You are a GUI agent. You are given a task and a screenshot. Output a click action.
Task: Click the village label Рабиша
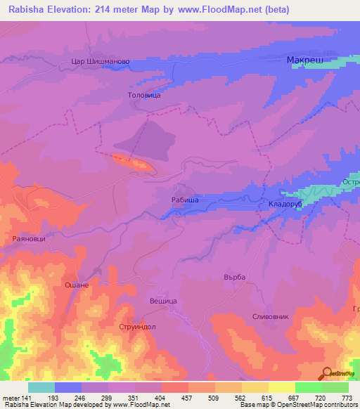tap(184, 200)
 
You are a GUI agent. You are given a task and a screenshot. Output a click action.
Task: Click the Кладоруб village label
tap(285, 204)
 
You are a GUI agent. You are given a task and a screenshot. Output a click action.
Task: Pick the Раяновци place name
tap(30, 239)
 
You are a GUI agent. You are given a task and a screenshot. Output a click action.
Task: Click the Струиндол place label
tap(136, 327)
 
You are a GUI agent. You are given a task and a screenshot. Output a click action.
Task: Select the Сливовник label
tap(270, 317)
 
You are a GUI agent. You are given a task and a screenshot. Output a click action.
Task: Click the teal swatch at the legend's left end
tap(41, 387)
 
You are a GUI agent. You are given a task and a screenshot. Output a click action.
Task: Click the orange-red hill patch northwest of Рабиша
tap(132, 162)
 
